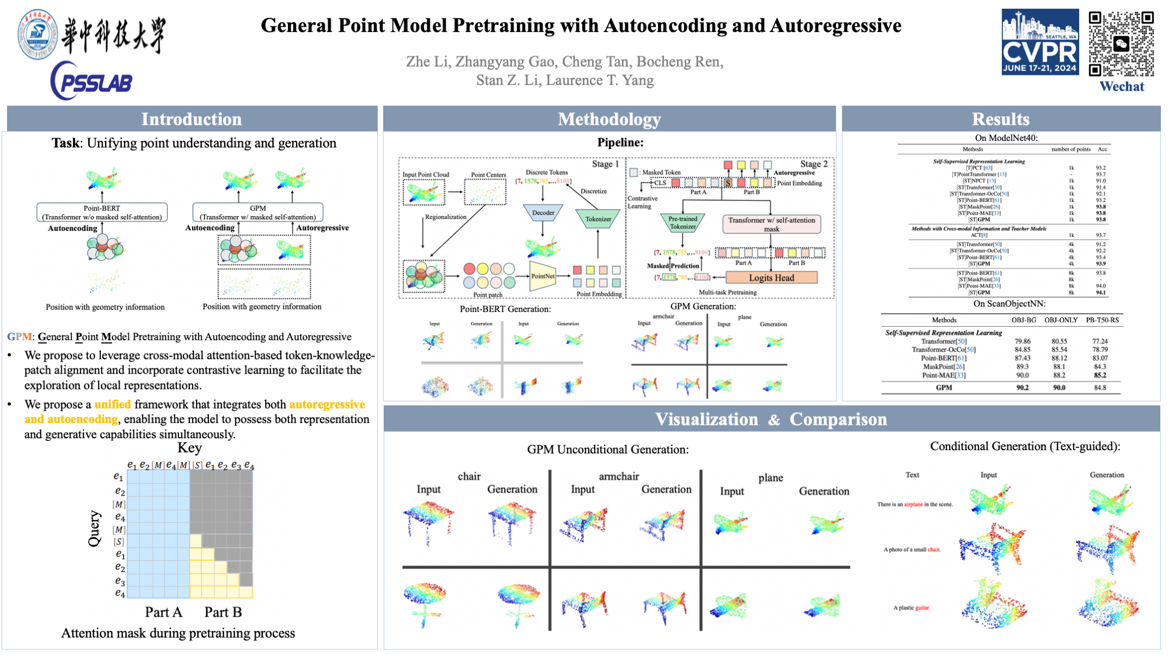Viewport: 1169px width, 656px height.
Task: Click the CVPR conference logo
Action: [1039, 42]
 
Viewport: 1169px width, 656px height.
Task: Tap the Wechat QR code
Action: [1121, 43]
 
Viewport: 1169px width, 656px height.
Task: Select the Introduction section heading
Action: [192, 119]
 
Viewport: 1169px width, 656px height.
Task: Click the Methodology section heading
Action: [609, 119]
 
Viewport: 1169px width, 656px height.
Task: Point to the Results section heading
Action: [1000, 119]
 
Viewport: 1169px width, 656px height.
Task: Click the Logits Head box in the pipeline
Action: [771, 278]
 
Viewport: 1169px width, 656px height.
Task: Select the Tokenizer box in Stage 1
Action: [598, 219]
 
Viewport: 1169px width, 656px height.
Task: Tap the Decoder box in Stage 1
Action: [543, 213]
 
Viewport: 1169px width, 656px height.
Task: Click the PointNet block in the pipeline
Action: [542, 276]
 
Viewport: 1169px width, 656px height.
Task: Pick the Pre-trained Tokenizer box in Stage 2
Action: [683, 223]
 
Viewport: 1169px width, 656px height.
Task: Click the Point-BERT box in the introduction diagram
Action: [102, 212]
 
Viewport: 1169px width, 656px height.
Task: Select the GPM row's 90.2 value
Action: [1022, 388]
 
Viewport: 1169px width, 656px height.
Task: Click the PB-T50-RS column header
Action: [1102, 320]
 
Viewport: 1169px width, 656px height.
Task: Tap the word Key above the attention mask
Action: [189, 448]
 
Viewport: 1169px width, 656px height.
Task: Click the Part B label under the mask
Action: [223, 612]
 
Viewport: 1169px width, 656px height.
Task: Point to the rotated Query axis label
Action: [95, 528]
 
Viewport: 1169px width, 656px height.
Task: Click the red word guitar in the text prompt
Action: [922, 608]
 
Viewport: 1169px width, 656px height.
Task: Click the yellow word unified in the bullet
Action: [113, 405]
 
